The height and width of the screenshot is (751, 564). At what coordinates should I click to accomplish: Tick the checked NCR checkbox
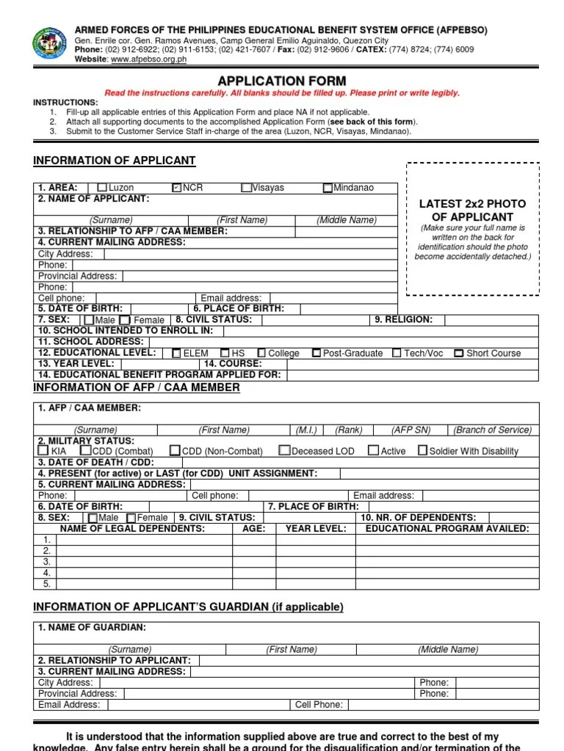176,188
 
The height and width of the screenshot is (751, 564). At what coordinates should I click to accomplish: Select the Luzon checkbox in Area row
102,188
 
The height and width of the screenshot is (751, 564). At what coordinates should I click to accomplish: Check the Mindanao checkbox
328,188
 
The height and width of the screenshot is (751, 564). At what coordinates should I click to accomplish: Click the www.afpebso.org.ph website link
148,59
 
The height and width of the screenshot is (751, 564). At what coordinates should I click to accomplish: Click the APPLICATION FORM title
282,81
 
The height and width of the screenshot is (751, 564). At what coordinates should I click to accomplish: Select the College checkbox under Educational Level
261,353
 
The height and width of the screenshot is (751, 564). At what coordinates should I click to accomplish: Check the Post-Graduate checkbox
316,353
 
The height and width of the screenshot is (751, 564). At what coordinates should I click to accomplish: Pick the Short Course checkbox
458,353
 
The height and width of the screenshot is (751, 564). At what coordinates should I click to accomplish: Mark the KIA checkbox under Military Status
43,451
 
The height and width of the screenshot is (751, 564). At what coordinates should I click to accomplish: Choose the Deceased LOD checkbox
285,451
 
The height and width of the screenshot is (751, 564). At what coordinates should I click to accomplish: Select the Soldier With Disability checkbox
422,451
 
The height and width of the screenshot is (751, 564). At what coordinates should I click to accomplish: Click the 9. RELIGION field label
403,320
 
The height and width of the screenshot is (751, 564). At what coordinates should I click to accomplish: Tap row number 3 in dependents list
46,562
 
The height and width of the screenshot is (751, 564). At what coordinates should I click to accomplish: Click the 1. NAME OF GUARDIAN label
92,628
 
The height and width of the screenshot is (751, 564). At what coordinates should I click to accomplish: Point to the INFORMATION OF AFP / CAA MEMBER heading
137,387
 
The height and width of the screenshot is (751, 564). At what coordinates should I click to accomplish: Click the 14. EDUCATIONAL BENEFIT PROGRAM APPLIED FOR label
159,375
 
